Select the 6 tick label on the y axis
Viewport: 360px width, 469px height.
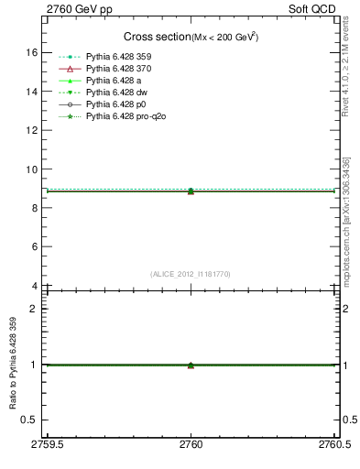tap(34, 247)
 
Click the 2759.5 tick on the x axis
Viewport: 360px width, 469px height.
tap(46, 443)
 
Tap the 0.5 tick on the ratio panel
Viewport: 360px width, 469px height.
tap(30, 420)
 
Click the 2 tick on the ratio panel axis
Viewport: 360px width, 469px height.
tap(34, 309)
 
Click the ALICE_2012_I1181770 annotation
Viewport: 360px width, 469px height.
tap(191, 273)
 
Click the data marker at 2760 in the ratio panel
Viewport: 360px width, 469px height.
tap(191, 365)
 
